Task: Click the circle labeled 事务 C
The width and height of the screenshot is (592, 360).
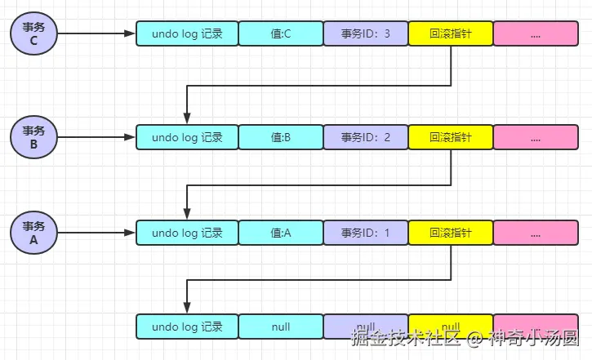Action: tap(34, 33)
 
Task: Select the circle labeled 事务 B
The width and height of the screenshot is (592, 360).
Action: tap(34, 137)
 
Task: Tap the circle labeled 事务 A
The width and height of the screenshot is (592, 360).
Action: tap(34, 233)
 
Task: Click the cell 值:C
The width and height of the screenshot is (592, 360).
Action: tap(281, 33)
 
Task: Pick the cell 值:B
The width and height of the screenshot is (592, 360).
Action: tap(281, 137)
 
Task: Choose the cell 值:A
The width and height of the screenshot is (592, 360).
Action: tap(281, 233)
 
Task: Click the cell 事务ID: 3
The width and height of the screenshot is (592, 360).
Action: tap(366, 33)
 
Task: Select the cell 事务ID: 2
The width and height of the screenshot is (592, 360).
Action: tap(366, 137)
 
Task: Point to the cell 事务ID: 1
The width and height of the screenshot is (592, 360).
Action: tap(366, 233)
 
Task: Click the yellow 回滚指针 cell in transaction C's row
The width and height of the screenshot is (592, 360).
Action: tap(451, 33)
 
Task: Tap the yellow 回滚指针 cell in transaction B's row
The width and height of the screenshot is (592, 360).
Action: tap(451, 137)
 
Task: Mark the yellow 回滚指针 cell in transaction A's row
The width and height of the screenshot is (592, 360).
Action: tap(451, 233)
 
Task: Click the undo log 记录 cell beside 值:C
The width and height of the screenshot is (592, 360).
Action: tap(187, 33)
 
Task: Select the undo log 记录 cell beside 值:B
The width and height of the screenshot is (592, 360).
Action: tap(187, 137)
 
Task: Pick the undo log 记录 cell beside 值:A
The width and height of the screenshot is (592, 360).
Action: tap(187, 233)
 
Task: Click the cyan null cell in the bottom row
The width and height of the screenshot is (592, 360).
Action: tap(281, 327)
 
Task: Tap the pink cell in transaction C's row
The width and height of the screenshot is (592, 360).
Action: tap(536, 33)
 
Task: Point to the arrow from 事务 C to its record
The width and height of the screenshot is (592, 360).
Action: tap(96, 33)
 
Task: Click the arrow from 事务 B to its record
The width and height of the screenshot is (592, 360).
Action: tap(96, 137)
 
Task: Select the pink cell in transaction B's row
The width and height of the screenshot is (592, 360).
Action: tap(536, 137)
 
